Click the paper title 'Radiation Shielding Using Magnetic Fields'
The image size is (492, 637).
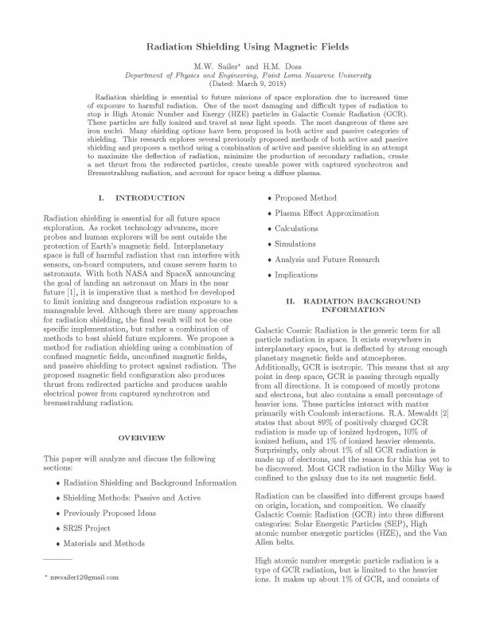click(245, 48)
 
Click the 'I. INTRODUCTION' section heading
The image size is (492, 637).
click(131, 197)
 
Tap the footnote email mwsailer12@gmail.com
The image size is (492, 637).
click(83, 574)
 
